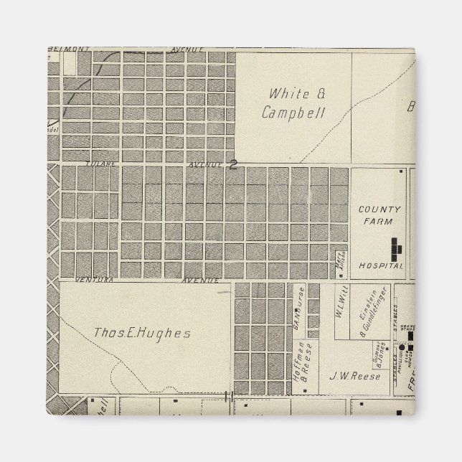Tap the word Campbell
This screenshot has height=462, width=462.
tap(293, 113)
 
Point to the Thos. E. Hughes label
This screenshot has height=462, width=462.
tap(142, 333)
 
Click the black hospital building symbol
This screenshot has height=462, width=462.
tap(395, 247)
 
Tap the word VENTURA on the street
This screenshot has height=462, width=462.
tap(96, 280)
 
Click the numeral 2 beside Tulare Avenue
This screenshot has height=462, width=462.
tap(233, 164)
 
